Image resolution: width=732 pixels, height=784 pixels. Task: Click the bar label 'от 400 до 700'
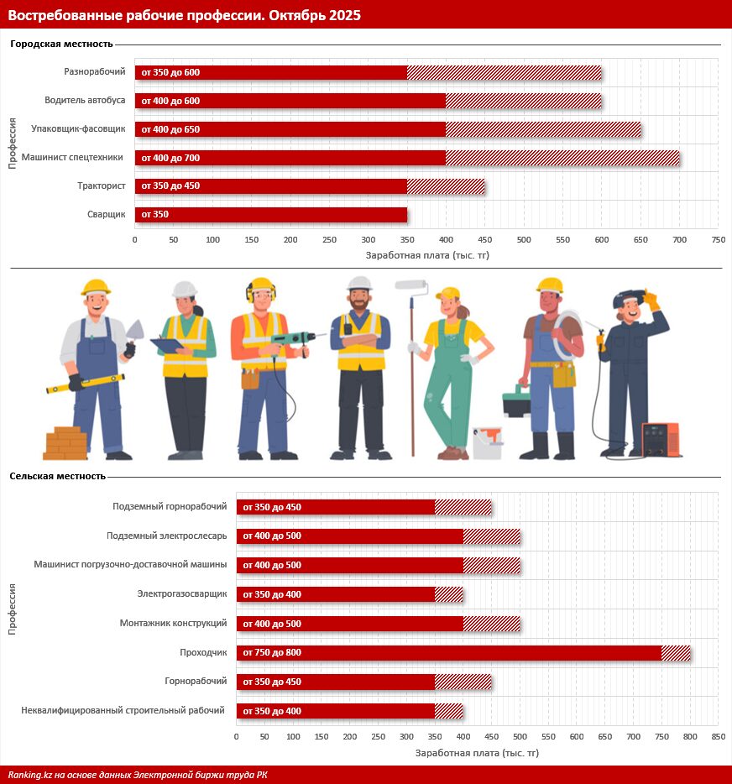170,158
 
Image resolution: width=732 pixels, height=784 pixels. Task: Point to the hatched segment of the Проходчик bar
676,652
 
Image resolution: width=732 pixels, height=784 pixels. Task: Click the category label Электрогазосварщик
182,594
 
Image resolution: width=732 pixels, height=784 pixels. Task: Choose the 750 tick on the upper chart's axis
719,240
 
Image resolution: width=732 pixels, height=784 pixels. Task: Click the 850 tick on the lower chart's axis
718,737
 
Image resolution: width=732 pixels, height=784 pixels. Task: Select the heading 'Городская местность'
61,44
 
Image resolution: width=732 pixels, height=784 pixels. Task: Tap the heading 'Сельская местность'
58,476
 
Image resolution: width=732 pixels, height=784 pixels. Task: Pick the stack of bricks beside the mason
65,442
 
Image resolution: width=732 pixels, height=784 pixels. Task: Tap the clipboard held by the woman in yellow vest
167,344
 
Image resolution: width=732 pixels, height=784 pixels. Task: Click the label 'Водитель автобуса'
85,100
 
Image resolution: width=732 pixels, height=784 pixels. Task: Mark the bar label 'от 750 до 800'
272,652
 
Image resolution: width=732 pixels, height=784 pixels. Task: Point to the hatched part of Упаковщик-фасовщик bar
543,129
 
